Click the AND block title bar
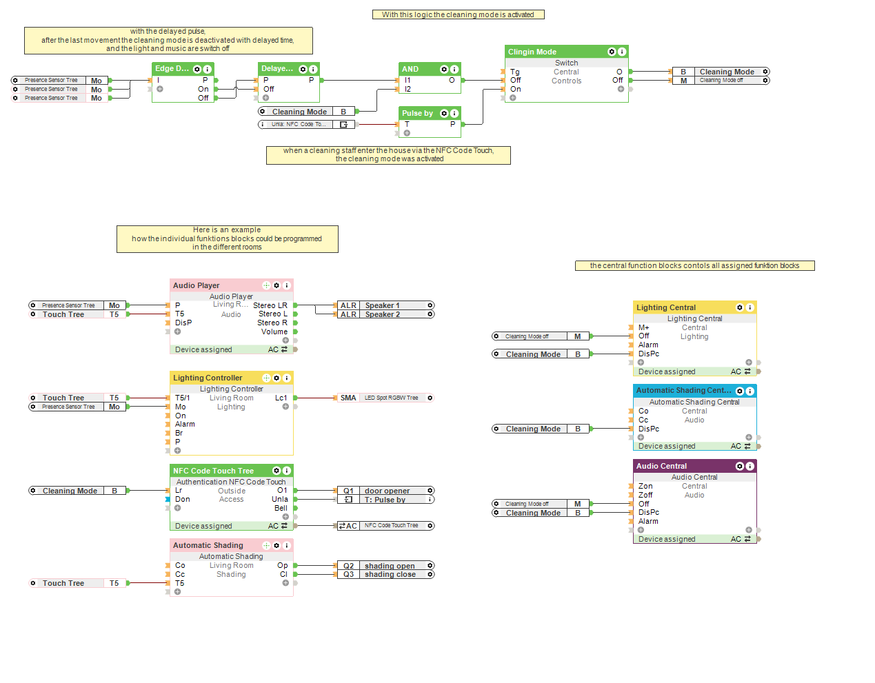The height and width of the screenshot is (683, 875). [417, 69]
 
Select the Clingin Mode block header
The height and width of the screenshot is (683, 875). [552, 52]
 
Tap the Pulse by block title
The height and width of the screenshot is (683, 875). [418, 113]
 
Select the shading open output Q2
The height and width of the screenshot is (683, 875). [386, 566]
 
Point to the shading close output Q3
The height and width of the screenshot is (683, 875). [386, 574]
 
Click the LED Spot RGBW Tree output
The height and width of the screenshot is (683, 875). [386, 398]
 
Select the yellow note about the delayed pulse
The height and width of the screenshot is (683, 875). [168, 40]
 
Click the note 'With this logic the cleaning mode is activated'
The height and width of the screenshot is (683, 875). [458, 14]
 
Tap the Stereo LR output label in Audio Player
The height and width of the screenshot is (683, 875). [270, 305]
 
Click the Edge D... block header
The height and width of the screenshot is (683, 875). [172, 69]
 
